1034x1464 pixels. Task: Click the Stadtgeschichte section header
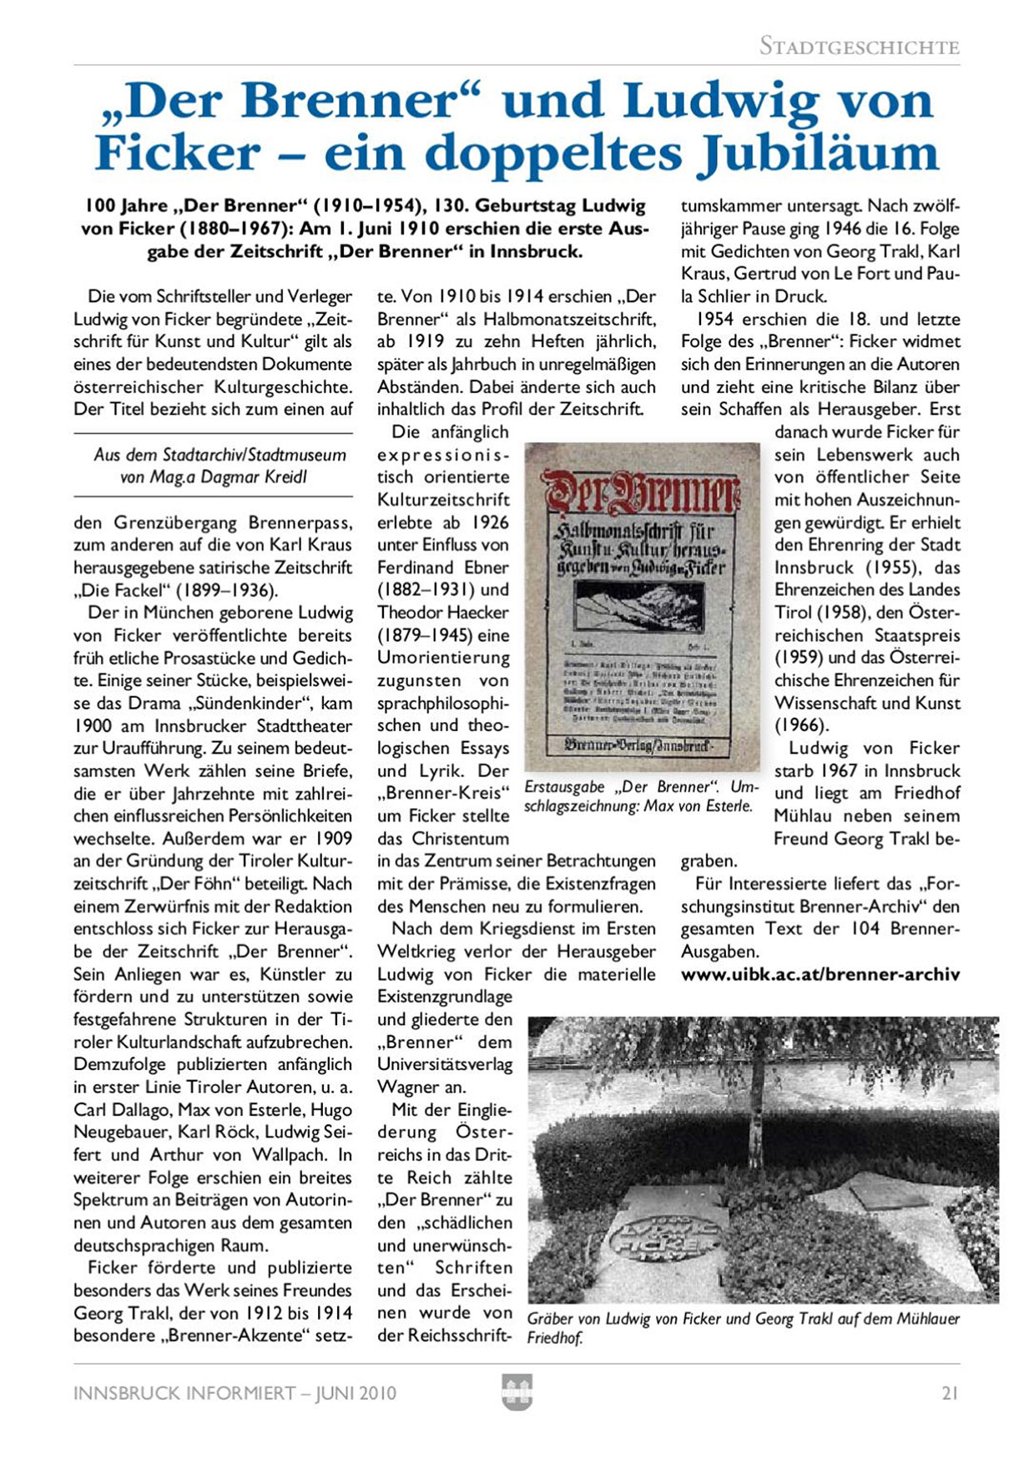[x=859, y=47]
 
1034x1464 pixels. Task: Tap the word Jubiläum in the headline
[x=818, y=153]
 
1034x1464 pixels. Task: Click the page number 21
[x=950, y=1393]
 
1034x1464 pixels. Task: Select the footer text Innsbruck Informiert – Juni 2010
[x=235, y=1393]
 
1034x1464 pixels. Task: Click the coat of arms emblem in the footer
[x=517, y=1393]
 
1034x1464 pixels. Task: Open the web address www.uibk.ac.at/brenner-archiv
[x=820, y=974]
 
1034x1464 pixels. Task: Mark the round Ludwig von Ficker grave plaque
[x=664, y=1237]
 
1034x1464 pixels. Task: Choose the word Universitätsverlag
[x=445, y=1064]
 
